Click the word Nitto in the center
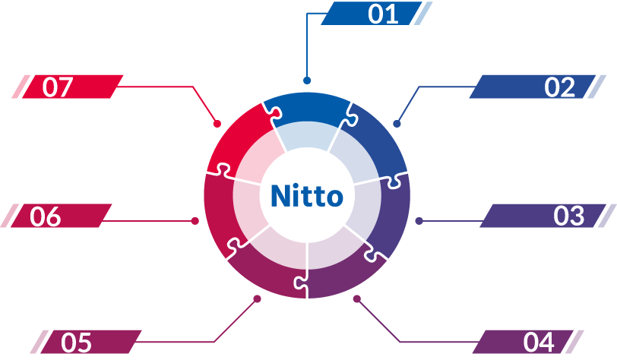coord(307,195)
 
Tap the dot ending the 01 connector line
coord(307,81)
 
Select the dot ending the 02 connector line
coord(397,124)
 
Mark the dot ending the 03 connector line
coord(419,221)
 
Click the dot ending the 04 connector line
coord(357,299)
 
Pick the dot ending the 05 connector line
coord(257,299)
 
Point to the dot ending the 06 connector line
coord(195,221)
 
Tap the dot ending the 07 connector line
coord(217,124)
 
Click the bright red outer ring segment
coord(240,137)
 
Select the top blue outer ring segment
coord(307,108)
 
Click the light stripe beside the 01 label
coord(422,14)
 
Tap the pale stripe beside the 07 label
coord(21,87)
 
